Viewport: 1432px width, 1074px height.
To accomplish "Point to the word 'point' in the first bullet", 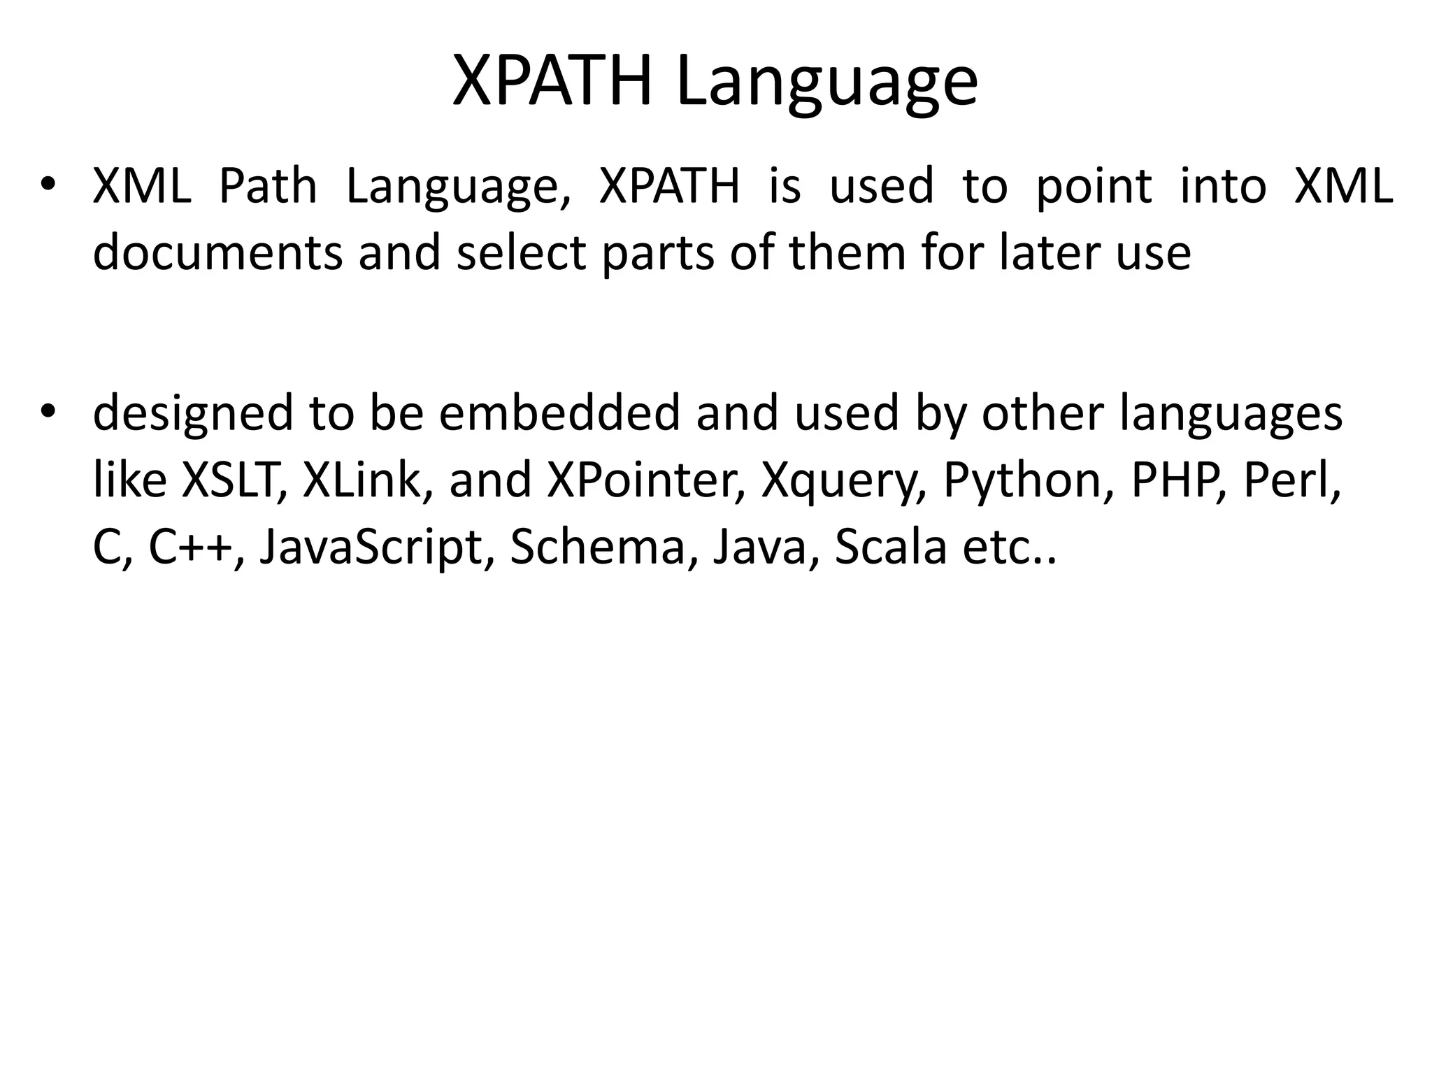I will coord(1094,187).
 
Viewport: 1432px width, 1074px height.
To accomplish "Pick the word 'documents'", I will coord(217,252).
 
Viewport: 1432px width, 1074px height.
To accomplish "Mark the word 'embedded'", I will coord(559,412).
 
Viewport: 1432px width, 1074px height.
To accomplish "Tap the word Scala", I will coord(890,547).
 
